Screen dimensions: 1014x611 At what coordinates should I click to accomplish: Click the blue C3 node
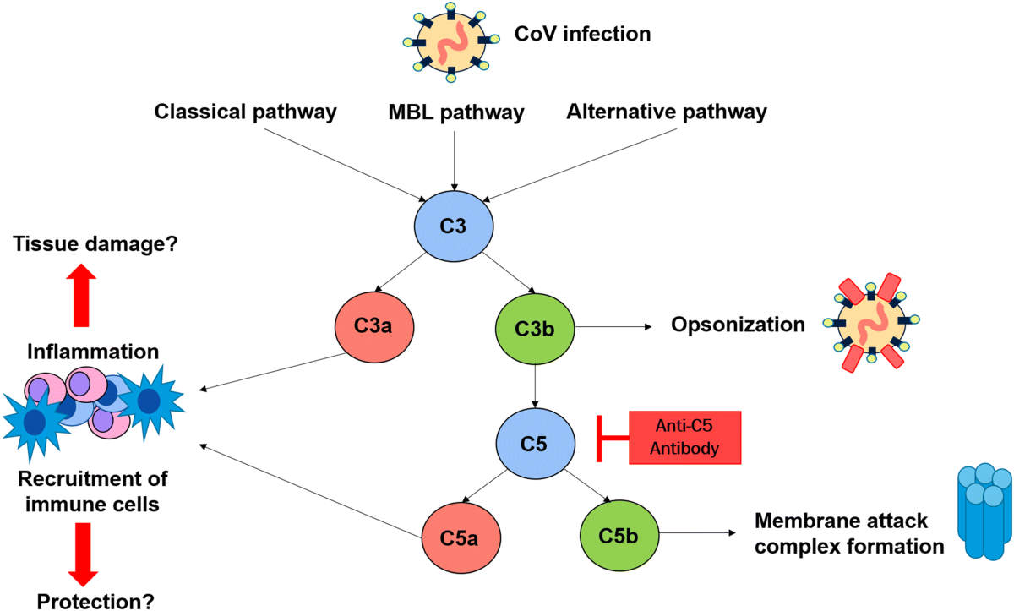pyautogui.click(x=454, y=226)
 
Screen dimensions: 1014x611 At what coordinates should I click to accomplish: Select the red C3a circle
pyautogui.click(x=374, y=327)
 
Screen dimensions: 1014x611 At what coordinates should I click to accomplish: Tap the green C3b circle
pyautogui.click(x=535, y=329)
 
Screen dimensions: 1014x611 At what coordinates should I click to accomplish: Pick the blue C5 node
pyautogui.click(x=536, y=444)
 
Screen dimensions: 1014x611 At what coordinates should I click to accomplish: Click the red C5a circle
pyautogui.click(x=461, y=538)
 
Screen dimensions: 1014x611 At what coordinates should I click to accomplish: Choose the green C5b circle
pyautogui.click(x=619, y=536)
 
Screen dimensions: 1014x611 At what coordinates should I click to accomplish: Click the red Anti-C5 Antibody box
pyautogui.click(x=685, y=438)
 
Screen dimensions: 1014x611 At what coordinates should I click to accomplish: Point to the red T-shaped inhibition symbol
pyautogui.click(x=613, y=438)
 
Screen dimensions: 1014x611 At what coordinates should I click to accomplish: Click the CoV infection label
pyautogui.click(x=582, y=34)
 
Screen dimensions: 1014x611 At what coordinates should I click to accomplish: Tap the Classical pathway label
pyautogui.click(x=246, y=112)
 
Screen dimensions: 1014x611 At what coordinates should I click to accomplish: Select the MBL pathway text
pyautogui.click(x=456, y=112)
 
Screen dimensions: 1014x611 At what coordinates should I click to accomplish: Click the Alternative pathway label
pyautogui.click(x=667, y=112)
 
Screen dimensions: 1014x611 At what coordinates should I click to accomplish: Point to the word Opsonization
pyautogui.click(x=738, y=325)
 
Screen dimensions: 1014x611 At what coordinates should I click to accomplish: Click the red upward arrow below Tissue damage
pyautogui.click(x=81, y=295)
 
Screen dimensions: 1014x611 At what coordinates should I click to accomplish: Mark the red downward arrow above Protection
pyautogui.click(x=83, y=554)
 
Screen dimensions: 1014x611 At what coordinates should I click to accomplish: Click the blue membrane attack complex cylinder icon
pyautogui.click(x=985, y=511)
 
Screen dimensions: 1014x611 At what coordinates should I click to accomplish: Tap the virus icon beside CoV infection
pyautogui.click(x=451, y=42)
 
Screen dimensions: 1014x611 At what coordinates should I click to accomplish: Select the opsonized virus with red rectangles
pyautogui.click(x=871, y=323)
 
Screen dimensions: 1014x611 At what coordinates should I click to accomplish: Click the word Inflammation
pyautogui.click(x=93, y=352)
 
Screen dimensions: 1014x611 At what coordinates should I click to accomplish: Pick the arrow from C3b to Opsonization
pyautogui.click(x=613, y=326)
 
